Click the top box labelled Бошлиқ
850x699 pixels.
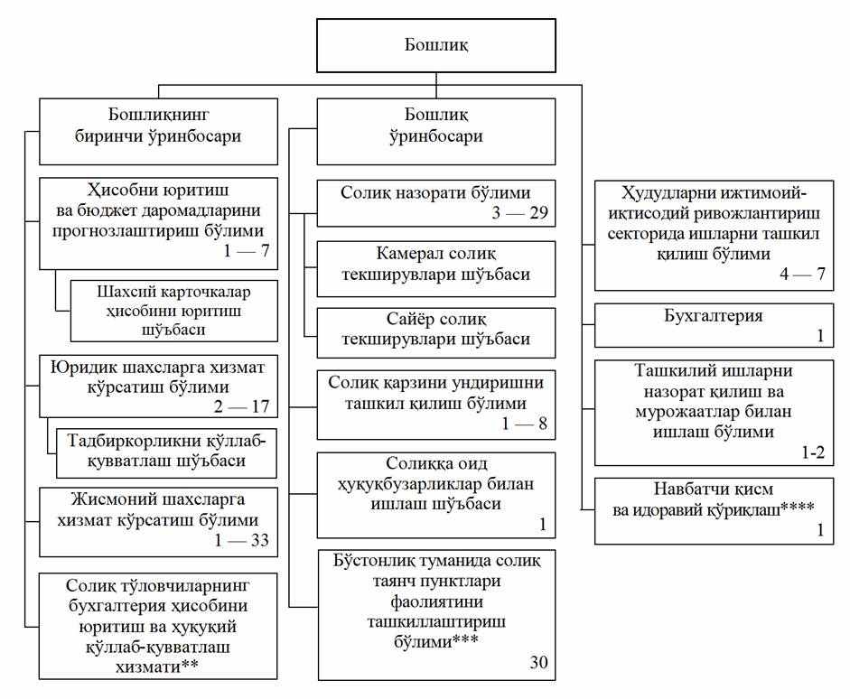(435, 44)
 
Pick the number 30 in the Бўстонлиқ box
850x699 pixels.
(538, 663)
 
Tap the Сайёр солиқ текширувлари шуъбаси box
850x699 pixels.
(436, 331)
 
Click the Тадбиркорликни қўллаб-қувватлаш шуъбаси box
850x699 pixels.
(167, 450)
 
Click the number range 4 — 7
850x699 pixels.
(802, 275)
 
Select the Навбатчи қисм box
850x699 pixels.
(708, 510)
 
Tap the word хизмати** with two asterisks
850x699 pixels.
(158, 666)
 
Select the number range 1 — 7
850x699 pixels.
(247, 252)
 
